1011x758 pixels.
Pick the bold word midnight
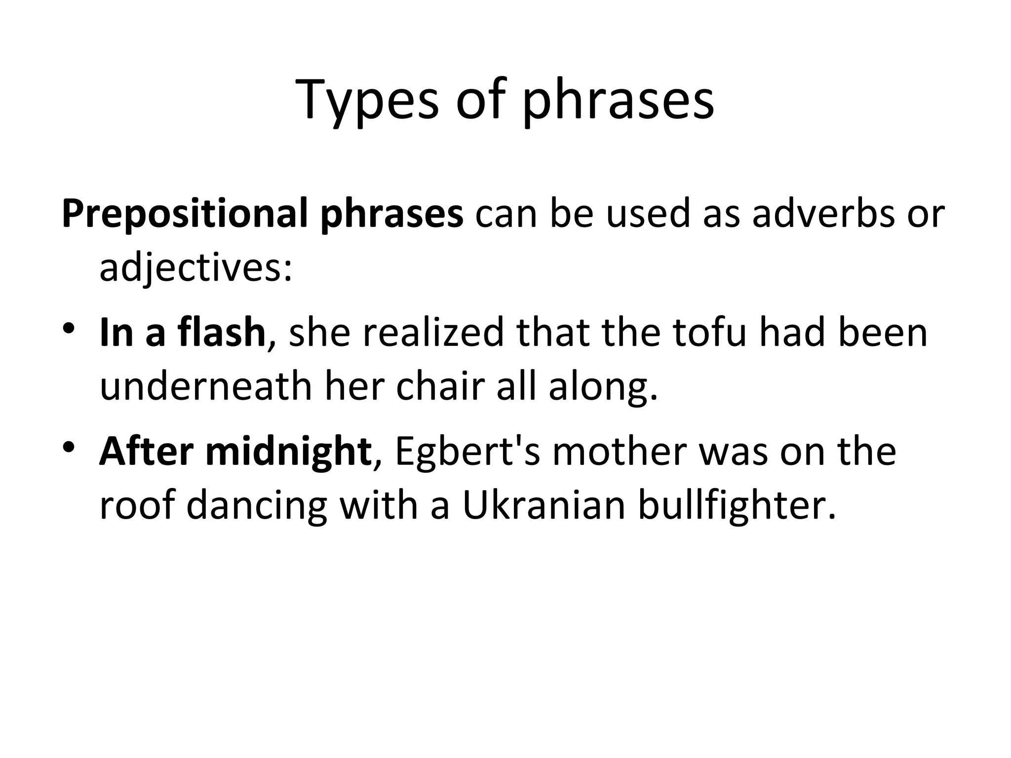(288, 452)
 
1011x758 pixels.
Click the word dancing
(257, 505)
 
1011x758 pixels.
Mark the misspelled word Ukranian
(543, 505)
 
